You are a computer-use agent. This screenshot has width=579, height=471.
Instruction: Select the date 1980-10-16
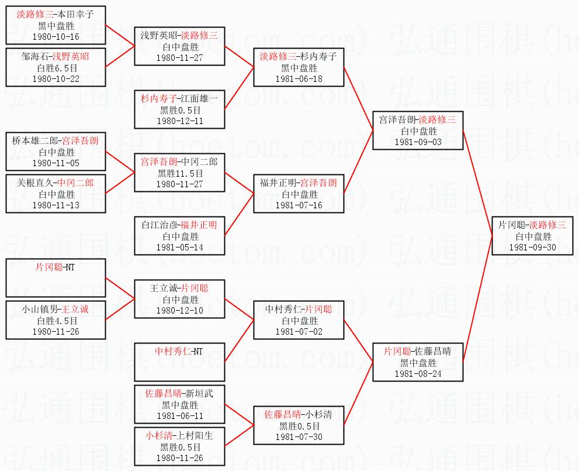[x=57, y=36]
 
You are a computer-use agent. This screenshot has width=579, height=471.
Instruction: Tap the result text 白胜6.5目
[x=57, y=68]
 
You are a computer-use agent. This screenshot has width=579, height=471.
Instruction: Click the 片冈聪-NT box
[x=56, y=278]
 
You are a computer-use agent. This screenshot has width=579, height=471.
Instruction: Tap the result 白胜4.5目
[x=57, y=321]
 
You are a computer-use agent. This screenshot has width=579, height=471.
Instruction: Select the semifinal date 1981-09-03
[x=418, y=142]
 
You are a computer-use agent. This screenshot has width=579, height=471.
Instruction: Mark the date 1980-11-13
[x=57, y=205]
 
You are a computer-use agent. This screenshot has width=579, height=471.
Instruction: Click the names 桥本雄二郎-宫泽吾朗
[x=56, y=141]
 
